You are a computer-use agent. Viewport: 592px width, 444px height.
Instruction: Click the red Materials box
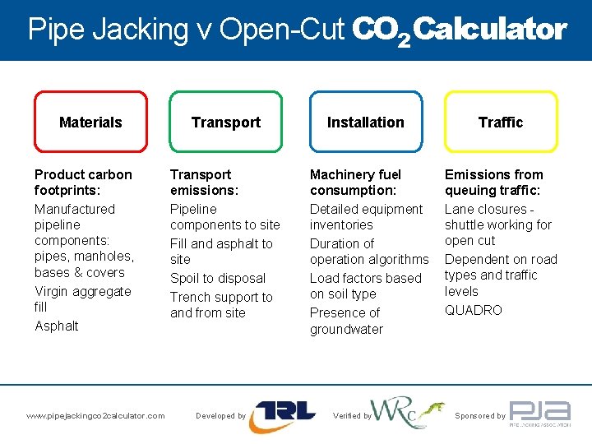tap(90, 122)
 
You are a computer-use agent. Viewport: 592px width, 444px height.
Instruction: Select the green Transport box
tap(225, 122)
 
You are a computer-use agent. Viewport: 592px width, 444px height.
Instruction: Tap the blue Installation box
tap(365, 122)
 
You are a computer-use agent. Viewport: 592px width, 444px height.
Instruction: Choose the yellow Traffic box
tap(500, 122)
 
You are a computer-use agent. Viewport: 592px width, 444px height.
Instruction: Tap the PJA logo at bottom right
tap(539, 414)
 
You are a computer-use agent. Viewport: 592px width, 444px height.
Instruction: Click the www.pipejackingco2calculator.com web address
tap(95, 416)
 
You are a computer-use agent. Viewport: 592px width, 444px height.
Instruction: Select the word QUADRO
tap(473, 310)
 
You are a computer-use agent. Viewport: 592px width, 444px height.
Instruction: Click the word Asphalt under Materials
tap(57, 326)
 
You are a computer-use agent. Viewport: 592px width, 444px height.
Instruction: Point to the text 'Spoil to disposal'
tap(218, 278)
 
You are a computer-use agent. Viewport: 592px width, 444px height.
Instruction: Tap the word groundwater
tap(346, 329)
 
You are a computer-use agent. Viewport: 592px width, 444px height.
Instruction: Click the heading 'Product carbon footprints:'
tap(82, 182)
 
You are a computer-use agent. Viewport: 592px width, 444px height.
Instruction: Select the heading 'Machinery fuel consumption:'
tap(355, 182)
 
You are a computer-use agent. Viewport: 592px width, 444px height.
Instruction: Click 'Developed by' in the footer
tap(220, 416)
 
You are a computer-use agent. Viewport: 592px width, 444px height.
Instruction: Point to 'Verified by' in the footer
tap(352, 416)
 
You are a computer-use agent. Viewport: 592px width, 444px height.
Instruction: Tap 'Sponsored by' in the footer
tap(480, 416)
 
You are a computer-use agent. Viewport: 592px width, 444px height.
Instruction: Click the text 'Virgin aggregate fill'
tap(82, 298)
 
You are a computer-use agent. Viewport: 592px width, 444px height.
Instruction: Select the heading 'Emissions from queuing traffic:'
tap(493, 182)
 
